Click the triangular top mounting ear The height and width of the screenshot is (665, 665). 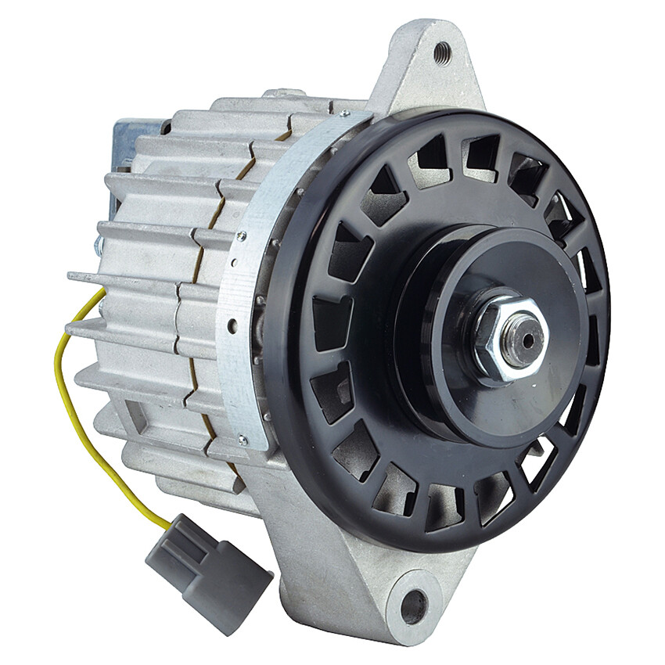point(426,70)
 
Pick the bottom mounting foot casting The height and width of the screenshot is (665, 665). point(368,579)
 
